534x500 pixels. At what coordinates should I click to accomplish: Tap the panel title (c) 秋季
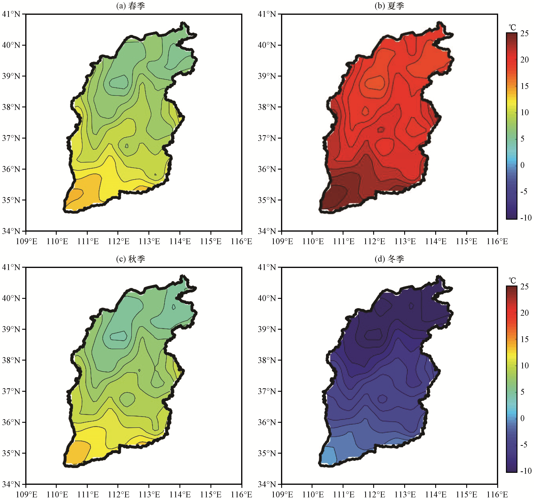coord(131,259)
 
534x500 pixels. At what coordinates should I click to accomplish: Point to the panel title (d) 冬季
coord(389,259)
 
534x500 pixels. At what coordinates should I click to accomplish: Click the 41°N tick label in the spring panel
coord(11,14)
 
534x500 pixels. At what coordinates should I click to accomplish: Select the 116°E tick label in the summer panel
coord(497,241)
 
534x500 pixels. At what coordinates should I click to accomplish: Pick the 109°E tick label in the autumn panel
coord(26,494)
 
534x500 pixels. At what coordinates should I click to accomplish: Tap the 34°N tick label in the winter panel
coord(267,484)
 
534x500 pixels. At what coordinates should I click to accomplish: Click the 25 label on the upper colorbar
coord(524,33)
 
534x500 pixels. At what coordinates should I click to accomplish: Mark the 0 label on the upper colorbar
coord(522,165)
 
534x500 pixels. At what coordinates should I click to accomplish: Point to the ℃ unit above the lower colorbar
coord(512,281)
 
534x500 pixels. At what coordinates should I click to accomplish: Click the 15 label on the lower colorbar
coord(524,339)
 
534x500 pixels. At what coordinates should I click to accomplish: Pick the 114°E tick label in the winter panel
coord(435,494)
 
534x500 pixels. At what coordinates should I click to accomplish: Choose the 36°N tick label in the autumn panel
coord(11,422)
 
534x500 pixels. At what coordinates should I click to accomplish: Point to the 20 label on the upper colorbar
coord(524,60)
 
